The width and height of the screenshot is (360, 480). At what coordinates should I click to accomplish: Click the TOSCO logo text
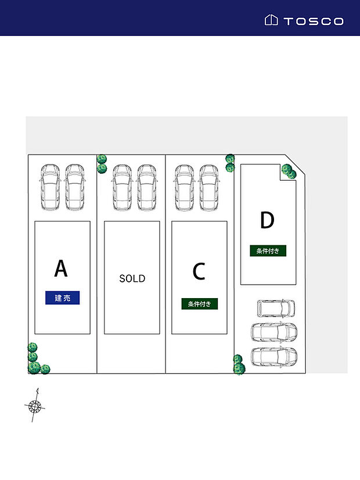coord(314,22)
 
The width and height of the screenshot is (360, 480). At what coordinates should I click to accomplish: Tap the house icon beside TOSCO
coord(271,20)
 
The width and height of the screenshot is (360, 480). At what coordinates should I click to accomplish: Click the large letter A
coord(61,268)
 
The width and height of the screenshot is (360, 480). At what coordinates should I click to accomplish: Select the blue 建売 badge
coord(63,298)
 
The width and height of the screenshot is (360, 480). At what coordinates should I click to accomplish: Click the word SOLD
coord(132,278)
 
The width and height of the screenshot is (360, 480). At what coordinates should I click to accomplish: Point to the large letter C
coord(199,271)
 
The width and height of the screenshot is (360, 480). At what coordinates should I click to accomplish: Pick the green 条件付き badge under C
coord(200,303)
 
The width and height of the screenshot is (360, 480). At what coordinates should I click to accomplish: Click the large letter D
coord(267,221)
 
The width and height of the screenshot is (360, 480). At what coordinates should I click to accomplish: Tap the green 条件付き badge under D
coord(268,251)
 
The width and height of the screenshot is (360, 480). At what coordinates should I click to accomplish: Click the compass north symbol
coord(35,405)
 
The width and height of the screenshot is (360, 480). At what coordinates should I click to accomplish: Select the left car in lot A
coord(50,187)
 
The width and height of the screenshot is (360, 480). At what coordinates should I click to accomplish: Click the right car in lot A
coord(75,187)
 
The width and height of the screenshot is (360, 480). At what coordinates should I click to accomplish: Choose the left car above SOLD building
coord(122,187)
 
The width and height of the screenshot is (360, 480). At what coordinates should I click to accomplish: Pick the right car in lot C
coord(209,187)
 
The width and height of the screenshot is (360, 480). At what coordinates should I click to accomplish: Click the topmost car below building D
coord(276,308)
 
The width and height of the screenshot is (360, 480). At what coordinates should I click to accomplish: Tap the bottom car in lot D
coord(273,356)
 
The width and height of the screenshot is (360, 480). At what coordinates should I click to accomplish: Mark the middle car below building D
coord(273,332)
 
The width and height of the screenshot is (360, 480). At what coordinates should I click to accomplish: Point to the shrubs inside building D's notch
coord(289,171)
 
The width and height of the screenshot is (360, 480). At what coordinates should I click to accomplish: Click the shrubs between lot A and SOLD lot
coord(102,163)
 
